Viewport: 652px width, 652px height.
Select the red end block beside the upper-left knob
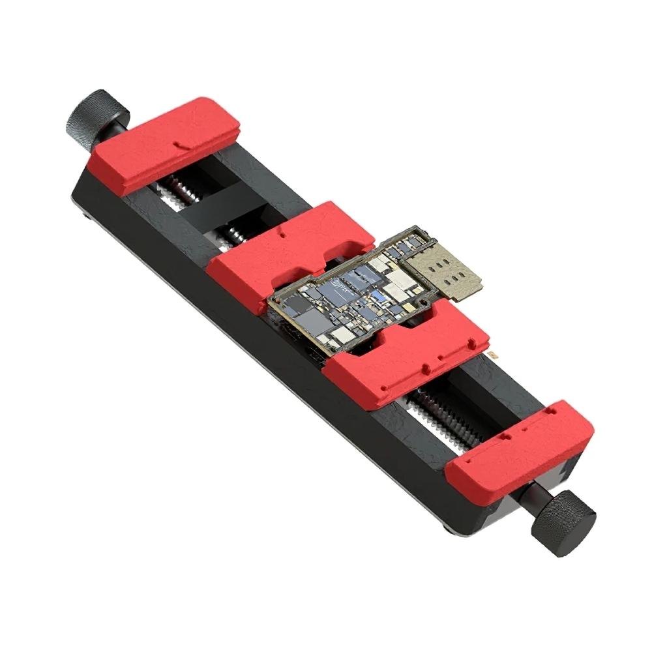pyautogui.click(x=163, y=145)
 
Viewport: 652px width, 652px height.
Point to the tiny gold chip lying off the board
pyautogui.click(x=494, y=353)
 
